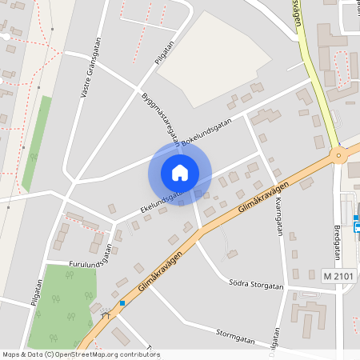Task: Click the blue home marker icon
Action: (180, 172)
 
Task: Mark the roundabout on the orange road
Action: (338, 155)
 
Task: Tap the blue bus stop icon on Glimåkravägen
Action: (122, 303)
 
